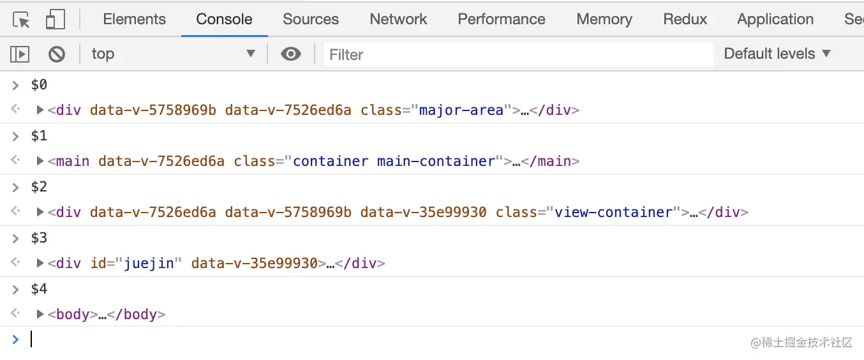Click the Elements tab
pyautogui.click(x=134, y=19)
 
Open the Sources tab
pyautogui.click(x=311, y=19)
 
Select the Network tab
pyautogui.click(x=398, y=19)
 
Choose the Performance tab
pyautogui.click(x=502, y=19)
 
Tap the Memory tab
pyautogui.click(x=604, y=19)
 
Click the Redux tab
pyautogui.click(x=685, y=19)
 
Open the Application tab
pyautogui.click(x=775, y=19)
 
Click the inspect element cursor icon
pyautogui.click(x=22, y=20)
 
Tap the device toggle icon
pyautogui.click(x=56, y=20)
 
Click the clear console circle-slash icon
pyautogui.click(x=57, y=54)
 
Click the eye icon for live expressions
pyautogui.click(x=291, y=54)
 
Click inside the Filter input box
pyautogui.click(x=517, y=55)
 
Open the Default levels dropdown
pyautogui.click(x=777, y=54)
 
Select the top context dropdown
pyautogui.click(x=172, y=54)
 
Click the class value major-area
pyautogui.click(x=461, y=110)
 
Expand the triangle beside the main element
pyautogui.click(x=41, y=161)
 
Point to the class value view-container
pyautogui.click(x=613, y=212)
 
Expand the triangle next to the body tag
pyautogui.click(x=41, y=314)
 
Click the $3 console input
pyautogui.click(x=40, y=238)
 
